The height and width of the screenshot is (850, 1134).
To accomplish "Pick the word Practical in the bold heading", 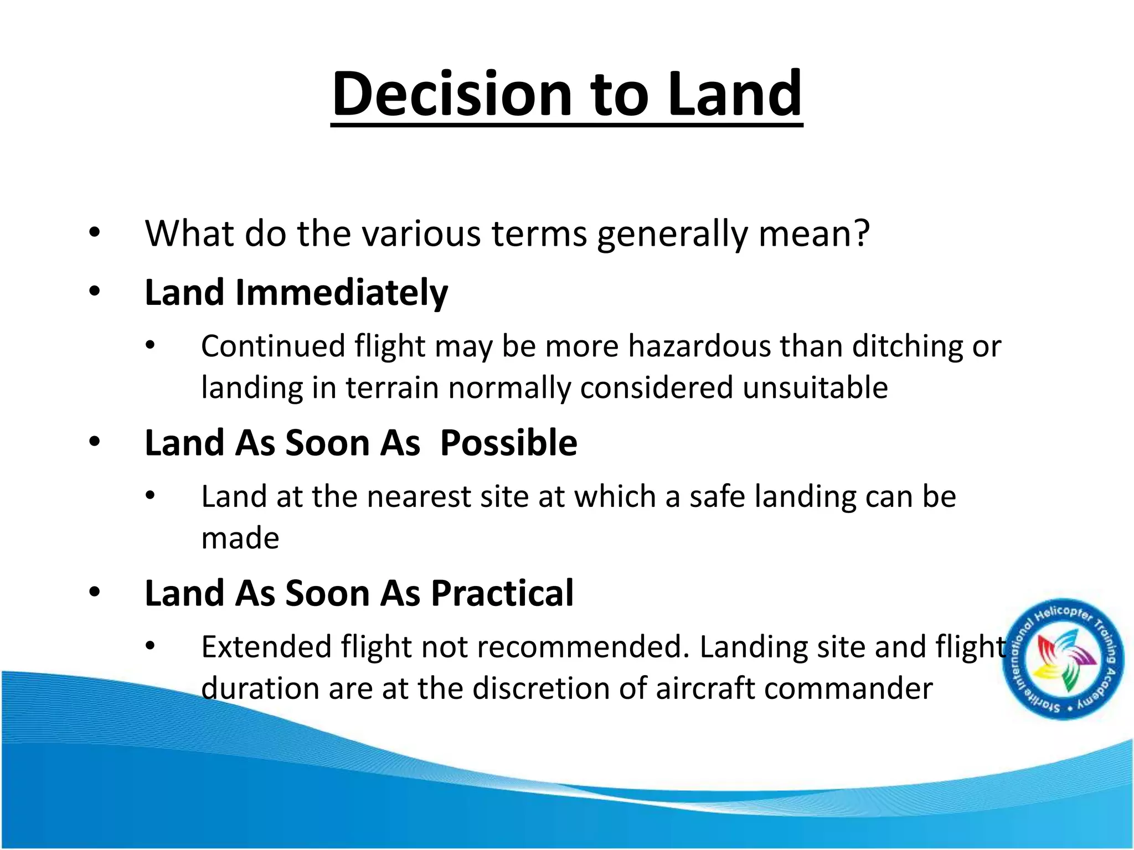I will point(502,593).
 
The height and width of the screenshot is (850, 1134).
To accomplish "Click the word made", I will point(240,538).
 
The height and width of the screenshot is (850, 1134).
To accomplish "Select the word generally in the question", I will point(673,234).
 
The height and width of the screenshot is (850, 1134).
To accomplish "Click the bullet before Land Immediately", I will point(95,292).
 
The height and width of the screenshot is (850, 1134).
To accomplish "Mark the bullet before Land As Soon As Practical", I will point(95,593).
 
